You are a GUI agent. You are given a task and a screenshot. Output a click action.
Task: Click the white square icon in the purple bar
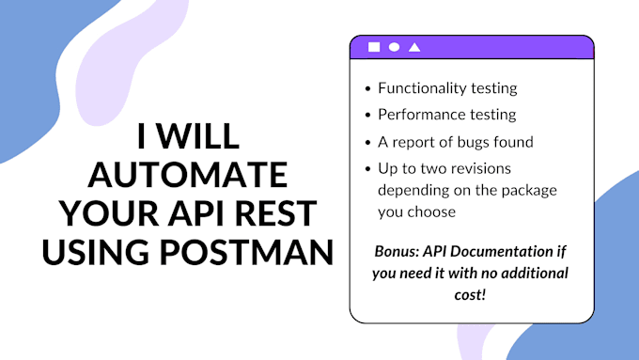(374, 47)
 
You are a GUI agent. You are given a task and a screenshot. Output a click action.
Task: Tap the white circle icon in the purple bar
(395, 47)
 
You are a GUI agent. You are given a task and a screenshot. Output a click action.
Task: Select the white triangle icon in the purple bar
(414, 47)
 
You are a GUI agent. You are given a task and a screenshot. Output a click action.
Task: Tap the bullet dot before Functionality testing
(367, 89)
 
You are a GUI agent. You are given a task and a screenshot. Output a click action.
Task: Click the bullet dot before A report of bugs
(367, 143)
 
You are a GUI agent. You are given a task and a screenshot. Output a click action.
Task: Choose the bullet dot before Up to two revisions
(367, 170)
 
